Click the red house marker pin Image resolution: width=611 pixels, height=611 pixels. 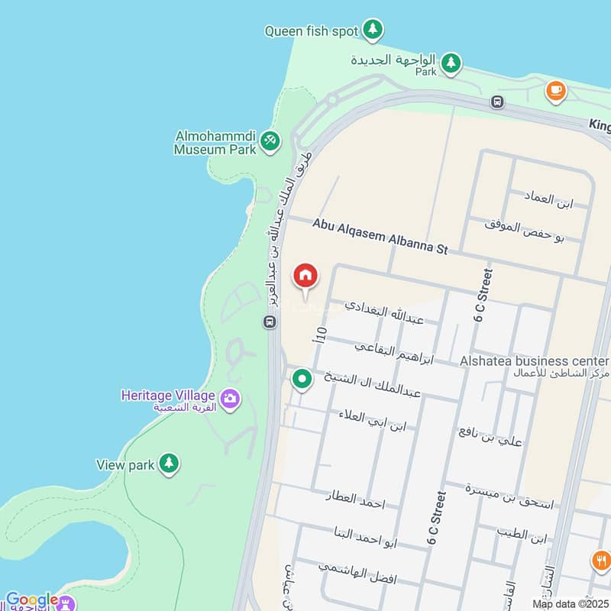(x=305, y=276)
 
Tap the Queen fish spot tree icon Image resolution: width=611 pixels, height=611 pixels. (x=372, y=30)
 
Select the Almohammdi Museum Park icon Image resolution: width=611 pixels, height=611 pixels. (x=270, y=141)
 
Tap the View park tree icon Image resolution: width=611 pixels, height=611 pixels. (x=169, y=463)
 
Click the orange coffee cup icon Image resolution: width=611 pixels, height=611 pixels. (x=556, y=91)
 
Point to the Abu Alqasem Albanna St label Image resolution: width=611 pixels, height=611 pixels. (x=380, y=236)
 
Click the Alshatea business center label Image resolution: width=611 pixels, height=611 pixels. (x=534, y=360)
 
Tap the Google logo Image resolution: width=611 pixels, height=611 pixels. (x=31, y=600)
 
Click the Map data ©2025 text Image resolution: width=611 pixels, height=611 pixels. (x=568, y=604)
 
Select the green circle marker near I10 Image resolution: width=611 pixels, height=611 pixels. (x=302, y=378)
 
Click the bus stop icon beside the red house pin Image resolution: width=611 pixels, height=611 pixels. (x=270, y=322)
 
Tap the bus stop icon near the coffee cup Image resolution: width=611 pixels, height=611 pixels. (x=498, y=102)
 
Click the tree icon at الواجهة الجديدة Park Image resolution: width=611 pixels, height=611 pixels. (x=451, y=62)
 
